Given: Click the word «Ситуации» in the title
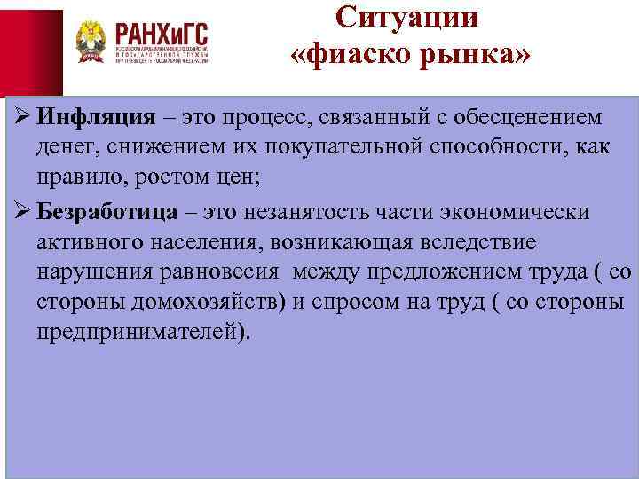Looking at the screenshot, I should pos(407,18).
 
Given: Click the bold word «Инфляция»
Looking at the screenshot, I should pos(93,118).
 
